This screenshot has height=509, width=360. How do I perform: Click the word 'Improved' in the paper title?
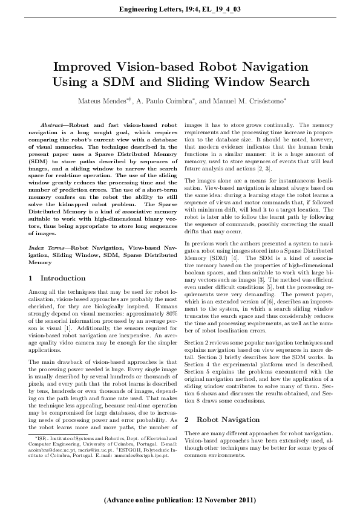84,67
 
